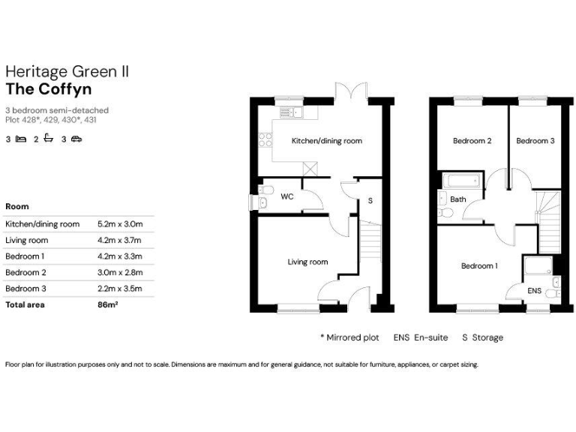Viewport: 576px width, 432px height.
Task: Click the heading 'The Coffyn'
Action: tap(49, 89)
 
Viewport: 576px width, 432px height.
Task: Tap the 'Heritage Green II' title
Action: tap(67, 71)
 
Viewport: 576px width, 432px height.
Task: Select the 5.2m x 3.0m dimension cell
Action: tap(120, 223)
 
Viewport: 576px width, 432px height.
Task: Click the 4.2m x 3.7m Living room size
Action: tap(120, 240)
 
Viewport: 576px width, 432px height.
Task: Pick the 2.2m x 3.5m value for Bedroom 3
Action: tap(120, 288)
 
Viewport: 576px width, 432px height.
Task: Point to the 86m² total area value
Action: tap(108, 305)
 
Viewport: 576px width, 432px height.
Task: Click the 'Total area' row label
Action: tap(25, 305)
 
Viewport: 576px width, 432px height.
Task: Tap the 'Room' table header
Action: tap(17, 205)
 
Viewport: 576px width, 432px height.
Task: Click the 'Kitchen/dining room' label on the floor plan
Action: tap(326, 141)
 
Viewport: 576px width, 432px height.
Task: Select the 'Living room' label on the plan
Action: tap(307, 262)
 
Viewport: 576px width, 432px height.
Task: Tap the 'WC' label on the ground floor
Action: tap(286, 197)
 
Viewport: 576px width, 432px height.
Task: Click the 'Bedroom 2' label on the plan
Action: tap(472, 141)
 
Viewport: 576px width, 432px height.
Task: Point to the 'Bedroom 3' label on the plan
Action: tap(535, 141)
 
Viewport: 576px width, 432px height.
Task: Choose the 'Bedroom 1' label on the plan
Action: tap(478, 266)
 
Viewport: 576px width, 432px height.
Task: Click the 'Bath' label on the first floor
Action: tap(458, 199)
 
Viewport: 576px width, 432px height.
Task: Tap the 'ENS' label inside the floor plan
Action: tap(535, 289)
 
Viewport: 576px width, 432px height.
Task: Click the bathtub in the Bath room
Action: tap(460, 181)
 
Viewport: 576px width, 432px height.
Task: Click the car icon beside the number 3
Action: tap(76, 139)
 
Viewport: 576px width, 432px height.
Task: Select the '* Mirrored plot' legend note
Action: tap(350, 337)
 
